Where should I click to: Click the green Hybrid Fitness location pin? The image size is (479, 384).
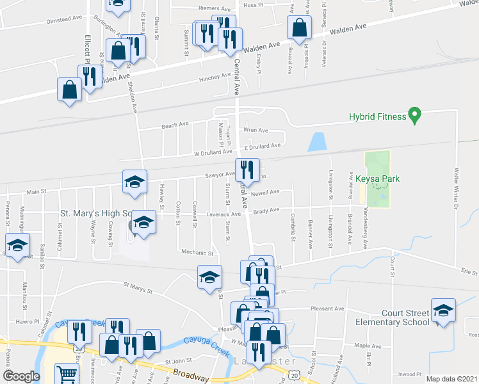414,116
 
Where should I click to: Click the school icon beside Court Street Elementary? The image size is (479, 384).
443,310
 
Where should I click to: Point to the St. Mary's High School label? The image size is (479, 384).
96,212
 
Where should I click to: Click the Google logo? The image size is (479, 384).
22,376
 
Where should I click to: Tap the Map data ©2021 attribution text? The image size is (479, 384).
452,379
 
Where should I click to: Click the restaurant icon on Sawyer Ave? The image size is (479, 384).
247,170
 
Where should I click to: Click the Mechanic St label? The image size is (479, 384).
197,253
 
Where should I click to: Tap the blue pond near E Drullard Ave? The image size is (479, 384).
316,141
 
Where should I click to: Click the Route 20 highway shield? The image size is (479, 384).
292,373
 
